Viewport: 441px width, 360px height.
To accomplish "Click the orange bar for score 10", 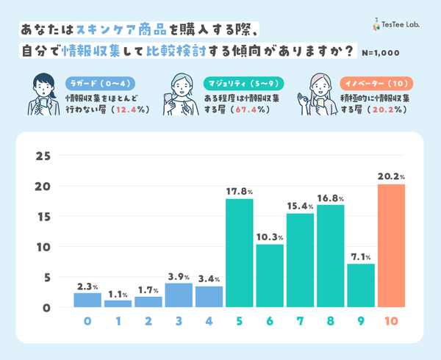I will [x=392, y=246].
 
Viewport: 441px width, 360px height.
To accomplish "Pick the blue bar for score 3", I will [x=179, y=295].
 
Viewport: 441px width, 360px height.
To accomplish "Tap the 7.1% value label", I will [x=362, y=256].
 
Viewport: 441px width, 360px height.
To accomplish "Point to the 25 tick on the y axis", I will [x=43, y=156].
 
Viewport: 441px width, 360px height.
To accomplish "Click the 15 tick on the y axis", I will [x=43, y=217].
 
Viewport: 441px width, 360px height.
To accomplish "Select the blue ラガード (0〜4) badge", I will [x=98, y=82].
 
